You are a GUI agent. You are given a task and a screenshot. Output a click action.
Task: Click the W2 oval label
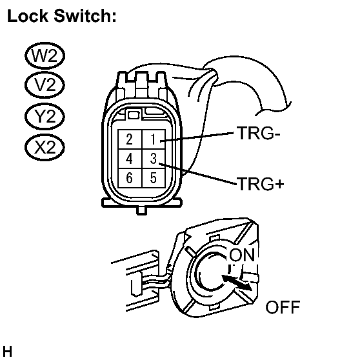pyautogui.click(x=45, y=55)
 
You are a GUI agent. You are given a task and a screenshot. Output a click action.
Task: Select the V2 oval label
pyautogui.click(x=45, y=85)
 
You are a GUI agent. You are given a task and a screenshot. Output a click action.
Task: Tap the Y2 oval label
pyautogui.click(x=45, y=116)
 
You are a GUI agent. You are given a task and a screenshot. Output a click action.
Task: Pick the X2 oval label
pyautogui.click(x=45, y=147)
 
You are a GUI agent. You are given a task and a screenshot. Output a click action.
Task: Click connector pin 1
pyautogui.click(x=154, y=139)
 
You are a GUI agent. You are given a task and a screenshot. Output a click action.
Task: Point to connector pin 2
pyautogui.click(x=130, y=139)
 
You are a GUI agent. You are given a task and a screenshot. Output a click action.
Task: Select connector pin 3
pyautogui.click(x=154, y=159)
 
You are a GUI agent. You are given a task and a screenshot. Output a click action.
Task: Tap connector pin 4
pyautogui.click(x=130, y=159)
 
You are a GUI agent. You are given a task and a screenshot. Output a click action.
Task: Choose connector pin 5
pyautogui.click(x=154, y=178)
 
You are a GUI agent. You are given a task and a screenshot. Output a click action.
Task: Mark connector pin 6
pyautogui.click(x=130, y=178)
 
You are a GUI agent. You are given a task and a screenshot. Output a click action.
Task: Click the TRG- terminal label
pyautogui.click(x=259, y=133)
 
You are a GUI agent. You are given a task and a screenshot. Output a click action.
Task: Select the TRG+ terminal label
pyautogui.click(x=261, y=184)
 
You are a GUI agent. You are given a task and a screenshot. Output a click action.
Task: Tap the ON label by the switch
pyautogui.click(x=242, y=255)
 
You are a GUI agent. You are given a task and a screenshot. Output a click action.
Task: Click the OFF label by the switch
pyautogui.click(x=283, y=307)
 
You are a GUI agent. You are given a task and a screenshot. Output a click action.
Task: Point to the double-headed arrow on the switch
pyautogui.click(x=237, y=283)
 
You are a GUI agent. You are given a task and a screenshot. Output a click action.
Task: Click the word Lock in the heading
pyautogui.click(x=28, y=16)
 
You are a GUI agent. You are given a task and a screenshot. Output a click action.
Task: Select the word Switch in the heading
pyautogui.click(x=85, y=16)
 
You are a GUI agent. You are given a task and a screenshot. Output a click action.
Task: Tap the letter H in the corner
pyautogui.click(x=7, y=352)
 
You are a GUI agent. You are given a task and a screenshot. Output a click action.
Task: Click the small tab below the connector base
pyautogui.click(x=142, y=210)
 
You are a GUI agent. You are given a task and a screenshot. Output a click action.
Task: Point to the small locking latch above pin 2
pyautogui.click(x=134, y=115)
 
